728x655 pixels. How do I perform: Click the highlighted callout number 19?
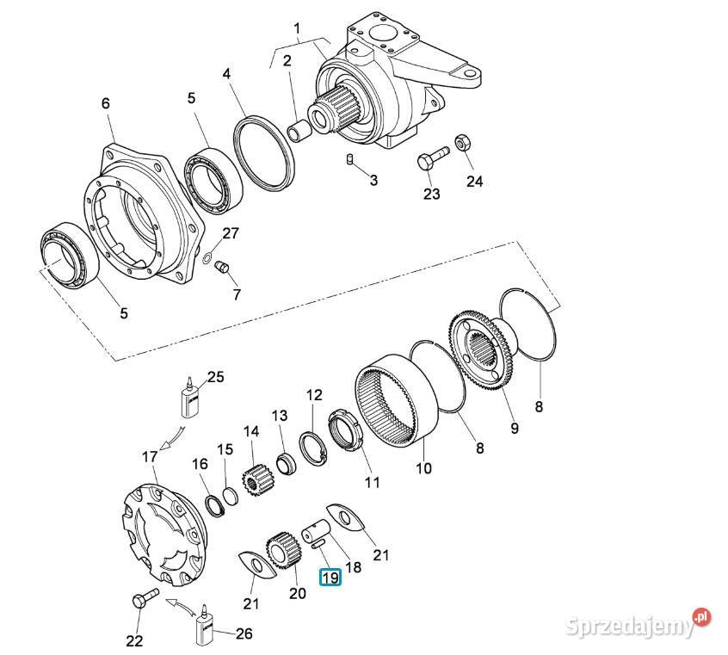[330, 578]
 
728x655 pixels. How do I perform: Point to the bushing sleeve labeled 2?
[298, 130]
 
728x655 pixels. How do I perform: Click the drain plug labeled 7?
[221, 267]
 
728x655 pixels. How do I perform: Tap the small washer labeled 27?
[208, 256]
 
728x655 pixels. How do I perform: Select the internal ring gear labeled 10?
[398, 399]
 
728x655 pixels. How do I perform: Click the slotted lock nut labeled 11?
[344, 429]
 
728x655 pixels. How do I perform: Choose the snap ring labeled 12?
[313, 448]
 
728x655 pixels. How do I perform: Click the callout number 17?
[150, 457]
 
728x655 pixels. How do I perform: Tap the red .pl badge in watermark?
[701, 616]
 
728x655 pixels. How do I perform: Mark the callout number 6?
[106, 103]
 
